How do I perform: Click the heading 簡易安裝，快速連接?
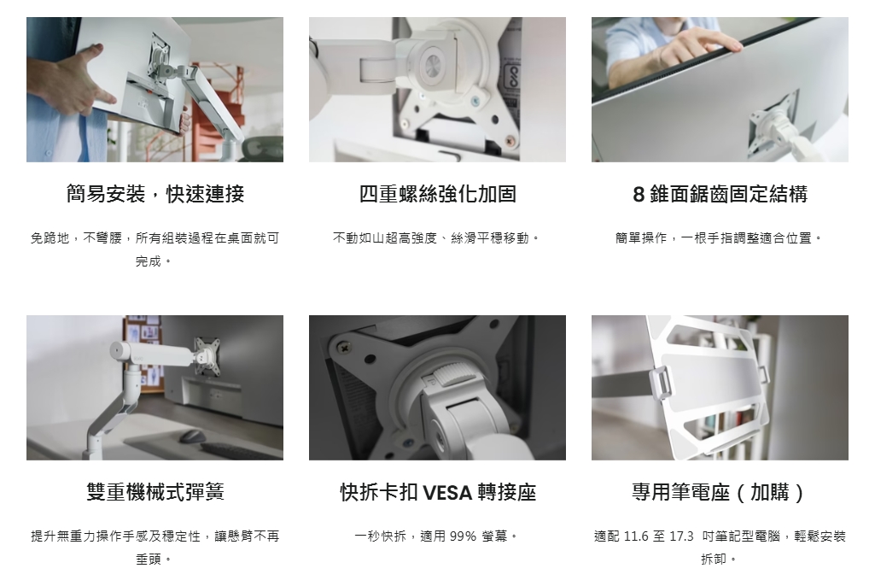[x=155, y=194]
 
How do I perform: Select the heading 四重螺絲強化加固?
[x=437, y=194]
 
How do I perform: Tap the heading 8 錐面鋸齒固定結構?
[x=720, y=194]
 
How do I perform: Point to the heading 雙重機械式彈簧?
[x=155, y=492]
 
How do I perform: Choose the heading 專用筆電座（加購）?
[x=720, y=492]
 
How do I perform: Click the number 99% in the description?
[x=463, y=536]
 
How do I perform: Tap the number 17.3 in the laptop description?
[x=681, y=536]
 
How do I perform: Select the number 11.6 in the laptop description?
[x=636, y=536]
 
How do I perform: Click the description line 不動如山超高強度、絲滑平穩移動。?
[x=437, y=238]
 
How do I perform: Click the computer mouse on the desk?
[x=191, y=435]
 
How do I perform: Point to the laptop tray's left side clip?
[x=660, y=383]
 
